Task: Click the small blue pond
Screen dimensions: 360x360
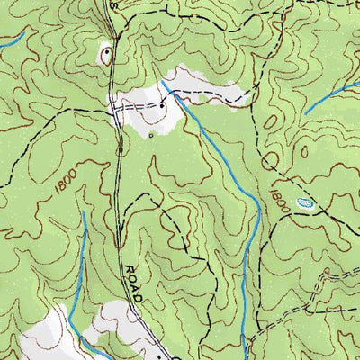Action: [x=305, y=203]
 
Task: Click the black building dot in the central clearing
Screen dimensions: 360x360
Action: [x=162, y=105]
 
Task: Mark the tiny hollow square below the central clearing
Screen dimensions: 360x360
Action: [x=151, y=134]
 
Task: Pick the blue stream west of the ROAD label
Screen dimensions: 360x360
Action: [x=83, y=270]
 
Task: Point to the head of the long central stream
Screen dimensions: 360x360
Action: [x=166, y=89]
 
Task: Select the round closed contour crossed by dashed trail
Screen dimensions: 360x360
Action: [x=271, y=160]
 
